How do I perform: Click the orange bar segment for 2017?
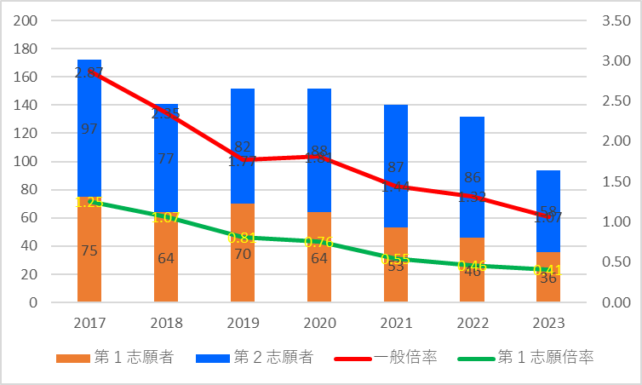coord(89,256)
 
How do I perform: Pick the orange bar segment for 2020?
coord(319,273)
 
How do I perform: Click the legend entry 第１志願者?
coord(116,358)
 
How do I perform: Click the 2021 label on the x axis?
coord(395,325)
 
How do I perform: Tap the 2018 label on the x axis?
coord(166,325)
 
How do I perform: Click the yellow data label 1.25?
coord(89,202)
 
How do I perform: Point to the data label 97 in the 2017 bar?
coord(89,129)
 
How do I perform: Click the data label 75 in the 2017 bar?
coord(89,250)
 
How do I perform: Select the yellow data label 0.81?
coord(243,238)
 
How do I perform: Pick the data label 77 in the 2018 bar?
coord(166,158)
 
